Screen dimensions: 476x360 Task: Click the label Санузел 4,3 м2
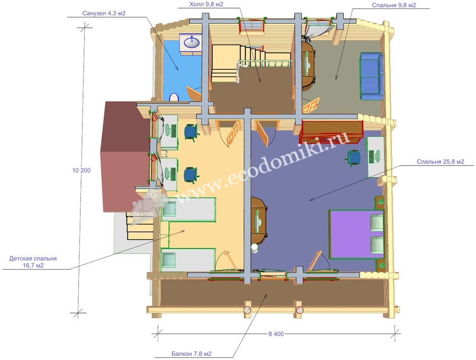pyautogui.click(x=104, y=13)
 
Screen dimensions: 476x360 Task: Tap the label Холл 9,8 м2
pyautogui.click(x=206, y=4)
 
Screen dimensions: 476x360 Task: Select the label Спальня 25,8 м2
pyautogui.click(x=441, y=162)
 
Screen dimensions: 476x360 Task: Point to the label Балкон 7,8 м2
pyautogui.click(x=191, y=354)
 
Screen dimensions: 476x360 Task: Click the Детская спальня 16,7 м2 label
pyautogui.click(x=33, y=262)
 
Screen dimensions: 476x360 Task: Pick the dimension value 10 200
pyautogui.click(x=81, y=171)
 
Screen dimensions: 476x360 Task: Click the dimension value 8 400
pyautogui.click(x=276, y=334)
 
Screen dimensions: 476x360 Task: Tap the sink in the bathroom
pyautogui.click(x=191, y=42)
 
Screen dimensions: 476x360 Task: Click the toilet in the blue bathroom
pyautogui.click(x=174, y=97)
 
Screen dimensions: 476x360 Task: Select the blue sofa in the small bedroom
pyautogui.click(x=371, y=76)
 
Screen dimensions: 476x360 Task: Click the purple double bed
pyautogui.click(x=356, y=234)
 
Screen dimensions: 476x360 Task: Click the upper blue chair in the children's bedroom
pyautogui.click(x=191, y=132)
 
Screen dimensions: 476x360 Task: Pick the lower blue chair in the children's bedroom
pyautogui.click(x=191, y=175)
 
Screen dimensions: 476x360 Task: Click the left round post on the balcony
pyautogui.click(x=248, y=310)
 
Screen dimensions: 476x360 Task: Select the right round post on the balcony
pyautogui.click(x=300, y=310)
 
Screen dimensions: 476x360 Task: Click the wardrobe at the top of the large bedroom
pyautogui.click(x=331, y=132)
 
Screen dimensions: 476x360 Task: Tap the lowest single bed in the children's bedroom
pyautogui.click(x=188, y=260)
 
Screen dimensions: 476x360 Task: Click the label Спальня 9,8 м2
pyautogui.click(x=393, y=5)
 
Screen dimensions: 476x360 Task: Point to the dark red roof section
pyautogui.click(x=126, y=156)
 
